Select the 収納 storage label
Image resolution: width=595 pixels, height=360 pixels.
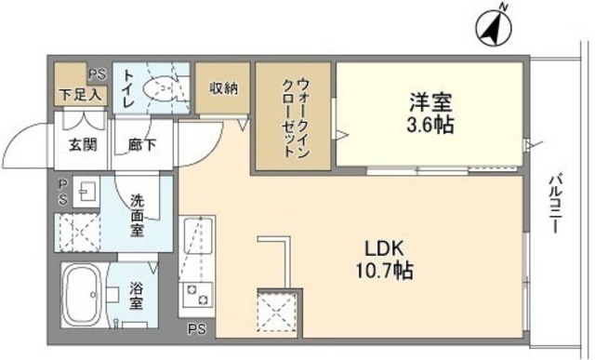(223, 88)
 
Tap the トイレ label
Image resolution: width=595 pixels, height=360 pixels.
(128, 89)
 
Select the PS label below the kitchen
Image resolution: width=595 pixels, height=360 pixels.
(197, 329)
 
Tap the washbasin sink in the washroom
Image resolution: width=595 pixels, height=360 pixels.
(85, 193)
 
